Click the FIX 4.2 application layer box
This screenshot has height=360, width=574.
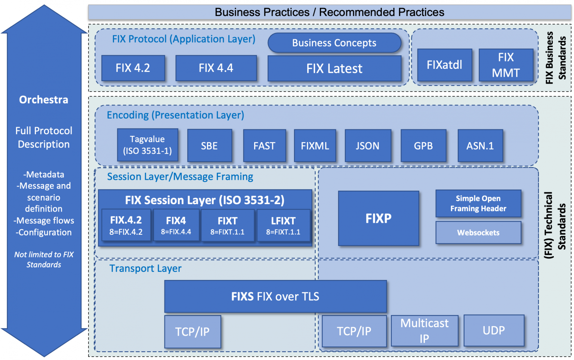tap(133, 68)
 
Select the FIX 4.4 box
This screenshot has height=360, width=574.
tap(216, 68)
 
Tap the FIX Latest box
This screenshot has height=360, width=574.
tap(334, 68)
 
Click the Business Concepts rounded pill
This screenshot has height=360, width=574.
tap(334, 43)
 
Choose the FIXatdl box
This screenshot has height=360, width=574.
tap(444, 65)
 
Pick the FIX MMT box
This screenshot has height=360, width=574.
tap(506, 65)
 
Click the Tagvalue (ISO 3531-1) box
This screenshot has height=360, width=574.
tap(147, 145)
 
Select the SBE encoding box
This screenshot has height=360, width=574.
tap(209, 146)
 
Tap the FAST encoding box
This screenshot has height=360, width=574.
tap(264, 146)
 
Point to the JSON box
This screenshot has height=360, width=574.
tap(368, 146)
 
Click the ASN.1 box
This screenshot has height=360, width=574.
tap(480, 146)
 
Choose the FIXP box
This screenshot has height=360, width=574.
tap(378, 218)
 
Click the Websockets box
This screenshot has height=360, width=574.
tap(478, 233)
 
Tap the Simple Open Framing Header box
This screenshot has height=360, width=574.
tap(478, 203)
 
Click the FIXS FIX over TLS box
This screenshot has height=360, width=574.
tap(275, 296)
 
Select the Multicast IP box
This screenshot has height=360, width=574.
tap(424, 331)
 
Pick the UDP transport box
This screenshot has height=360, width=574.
tap(494, 330)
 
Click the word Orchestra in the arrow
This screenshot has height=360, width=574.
tap(44, 100)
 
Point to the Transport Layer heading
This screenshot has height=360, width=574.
tap(145, 268)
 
